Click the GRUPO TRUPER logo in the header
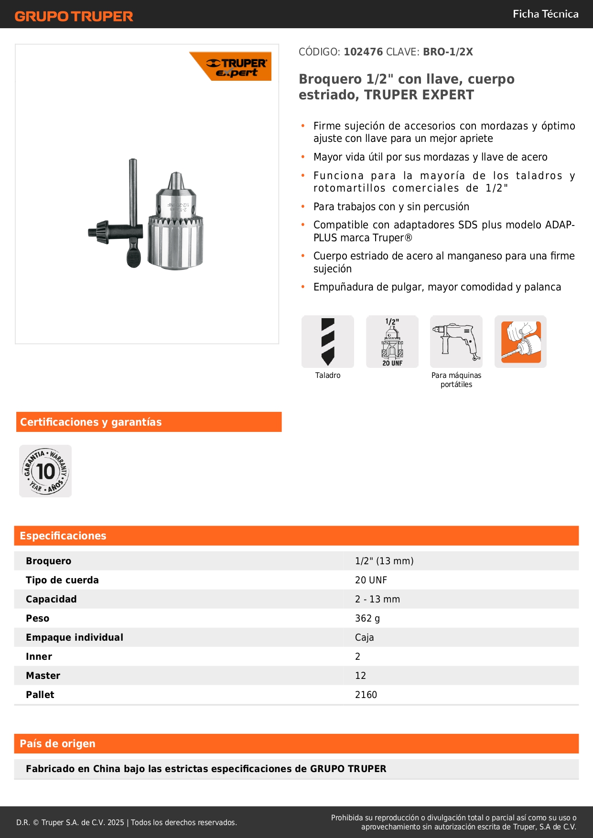point(74,16)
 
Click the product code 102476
point(363,52)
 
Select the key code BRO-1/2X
point(448,52)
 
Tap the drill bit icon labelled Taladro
point(328,342)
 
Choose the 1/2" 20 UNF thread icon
point(392,342)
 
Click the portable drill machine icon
point(456,342)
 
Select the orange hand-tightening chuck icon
point(520,342)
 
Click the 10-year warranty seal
point(45,471)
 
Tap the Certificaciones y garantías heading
point(91,422)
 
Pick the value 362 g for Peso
point(367,618)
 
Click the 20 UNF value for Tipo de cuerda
point(371,580)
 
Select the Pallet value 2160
point(366,695)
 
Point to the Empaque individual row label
point(75,637)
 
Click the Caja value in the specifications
point(364,637)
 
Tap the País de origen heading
point(57,743)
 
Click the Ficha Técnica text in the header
point(545,14)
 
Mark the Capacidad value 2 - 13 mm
point(377,599)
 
